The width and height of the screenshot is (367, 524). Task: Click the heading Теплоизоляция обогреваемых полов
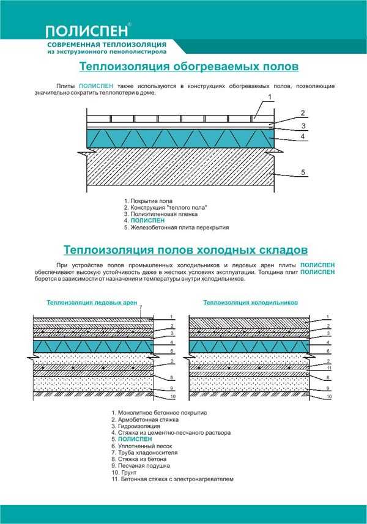point(189,66)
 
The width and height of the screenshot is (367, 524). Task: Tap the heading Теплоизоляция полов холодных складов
point(185,249)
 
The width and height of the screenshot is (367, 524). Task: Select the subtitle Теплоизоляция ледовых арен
point(92,303)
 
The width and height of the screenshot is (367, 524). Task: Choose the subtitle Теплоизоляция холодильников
point(251,303)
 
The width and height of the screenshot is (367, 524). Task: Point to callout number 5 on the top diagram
point(303,172)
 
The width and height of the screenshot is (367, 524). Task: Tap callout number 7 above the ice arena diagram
point(141,307)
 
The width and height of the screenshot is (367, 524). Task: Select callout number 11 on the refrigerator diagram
point(329,368)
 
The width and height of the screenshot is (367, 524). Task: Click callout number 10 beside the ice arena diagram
point(173,397)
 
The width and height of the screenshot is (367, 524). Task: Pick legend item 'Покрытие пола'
point(148,201)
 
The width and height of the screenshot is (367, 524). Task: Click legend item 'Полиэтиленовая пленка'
point(161,214)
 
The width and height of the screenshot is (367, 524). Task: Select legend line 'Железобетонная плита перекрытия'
point(177,227)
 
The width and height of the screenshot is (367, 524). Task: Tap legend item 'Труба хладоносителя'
point(145,452)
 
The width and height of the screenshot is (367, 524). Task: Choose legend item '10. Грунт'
point(124,472)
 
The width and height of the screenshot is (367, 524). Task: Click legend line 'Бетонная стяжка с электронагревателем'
point(172,479)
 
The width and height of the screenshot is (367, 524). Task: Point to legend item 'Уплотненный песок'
point(142,446)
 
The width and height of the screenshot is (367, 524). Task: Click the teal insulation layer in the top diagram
point(180,138)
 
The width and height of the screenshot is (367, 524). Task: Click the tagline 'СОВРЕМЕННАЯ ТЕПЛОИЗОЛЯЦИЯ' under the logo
point(107,45)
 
